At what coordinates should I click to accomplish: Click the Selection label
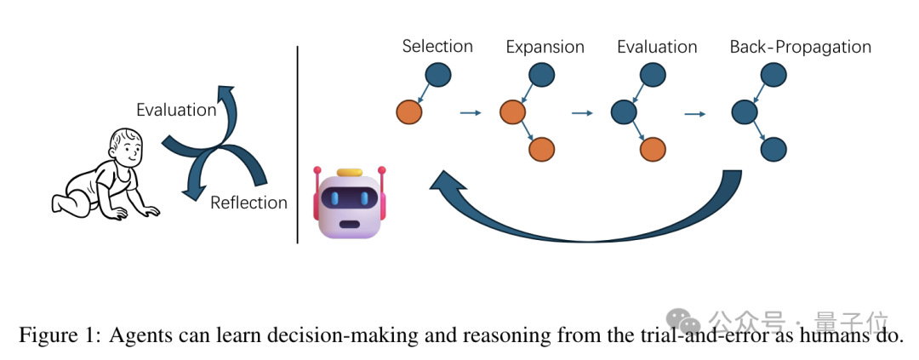pos(437,46)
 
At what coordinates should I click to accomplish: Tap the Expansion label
pos(545,47)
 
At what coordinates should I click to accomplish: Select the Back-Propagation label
pos(800,47)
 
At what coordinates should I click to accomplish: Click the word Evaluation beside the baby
pos(177,110)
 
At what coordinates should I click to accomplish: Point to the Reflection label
pos(248,203)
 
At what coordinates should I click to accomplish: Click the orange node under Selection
pos(409,111)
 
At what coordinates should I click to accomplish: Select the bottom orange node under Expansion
pos(541,149)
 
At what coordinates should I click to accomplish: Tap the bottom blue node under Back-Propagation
pos(773,149)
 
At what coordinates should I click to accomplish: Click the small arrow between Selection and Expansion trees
pos(471,112)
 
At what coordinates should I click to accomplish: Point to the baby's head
pos(125,151)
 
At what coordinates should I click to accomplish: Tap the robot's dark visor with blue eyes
pos(350,198)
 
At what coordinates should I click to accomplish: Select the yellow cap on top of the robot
pos(350,173)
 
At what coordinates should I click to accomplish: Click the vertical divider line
pos(297,145)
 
